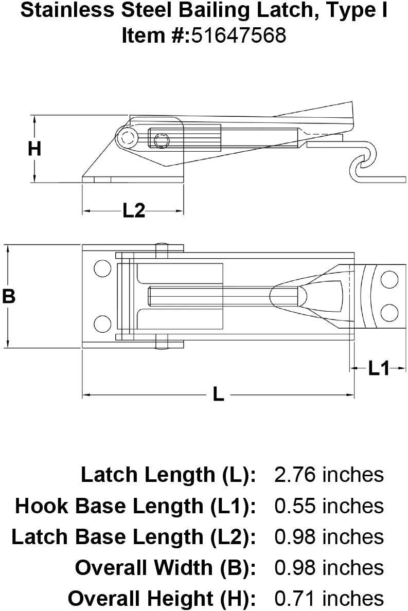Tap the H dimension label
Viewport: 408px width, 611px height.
pos(34,149)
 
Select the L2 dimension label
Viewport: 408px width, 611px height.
pos(133,211)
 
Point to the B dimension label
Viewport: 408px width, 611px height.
pos(9,297)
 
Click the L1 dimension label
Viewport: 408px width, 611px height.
pos(379,368)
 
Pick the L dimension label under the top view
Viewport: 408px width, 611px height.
pos(218,395)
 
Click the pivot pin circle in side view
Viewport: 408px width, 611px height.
pos(126,137)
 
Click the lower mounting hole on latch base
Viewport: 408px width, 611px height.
pos(102,324)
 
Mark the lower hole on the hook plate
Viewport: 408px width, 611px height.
pos(389,312)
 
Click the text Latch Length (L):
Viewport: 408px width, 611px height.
pos(168,474)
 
